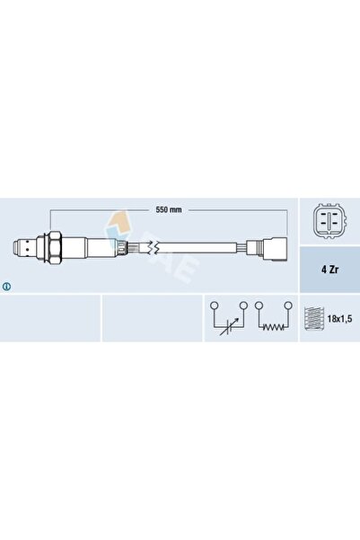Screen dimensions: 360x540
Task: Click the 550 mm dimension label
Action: point(168,209)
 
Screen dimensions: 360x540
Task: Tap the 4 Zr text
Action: point(329,270)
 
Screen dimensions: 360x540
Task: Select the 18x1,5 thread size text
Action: point(339,319)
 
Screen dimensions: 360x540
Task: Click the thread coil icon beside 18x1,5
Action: point(314,319)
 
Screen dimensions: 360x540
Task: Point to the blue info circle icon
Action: point(6,287)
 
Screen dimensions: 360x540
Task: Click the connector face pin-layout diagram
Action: point(329,221)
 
